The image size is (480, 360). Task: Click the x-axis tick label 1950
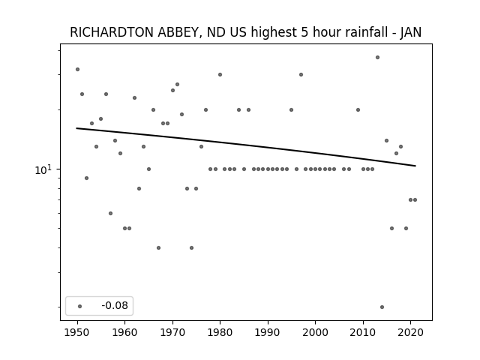click(x=77, y=332)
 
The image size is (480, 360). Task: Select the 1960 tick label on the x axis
click(x=125, y=332)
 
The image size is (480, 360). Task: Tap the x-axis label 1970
click(x=172, y=332)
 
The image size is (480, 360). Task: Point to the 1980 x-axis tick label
click(x=220, y=332)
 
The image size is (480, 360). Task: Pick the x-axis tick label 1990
click(x=268, y=332)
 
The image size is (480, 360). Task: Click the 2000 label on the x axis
click(x=315, y=332)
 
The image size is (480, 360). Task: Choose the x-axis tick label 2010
click(x=363, y=332)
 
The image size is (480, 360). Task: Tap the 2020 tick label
click(x=410, y=332)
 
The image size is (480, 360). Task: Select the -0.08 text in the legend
click(x=115, y=305)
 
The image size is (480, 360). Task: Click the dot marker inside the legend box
click(x=80, y=306)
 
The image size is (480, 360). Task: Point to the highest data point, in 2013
click(x=377, y=57)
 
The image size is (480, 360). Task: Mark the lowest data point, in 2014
click(x=382, y=307)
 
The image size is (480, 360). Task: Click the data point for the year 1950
click(x=77, y=70)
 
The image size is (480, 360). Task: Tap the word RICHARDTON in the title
click(x=112, y=32)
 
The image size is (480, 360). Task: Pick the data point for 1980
click(x=220, y=75)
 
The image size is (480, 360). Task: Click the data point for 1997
click(x=301, y=75)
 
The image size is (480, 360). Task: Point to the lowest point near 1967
click(x=158, y=247)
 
